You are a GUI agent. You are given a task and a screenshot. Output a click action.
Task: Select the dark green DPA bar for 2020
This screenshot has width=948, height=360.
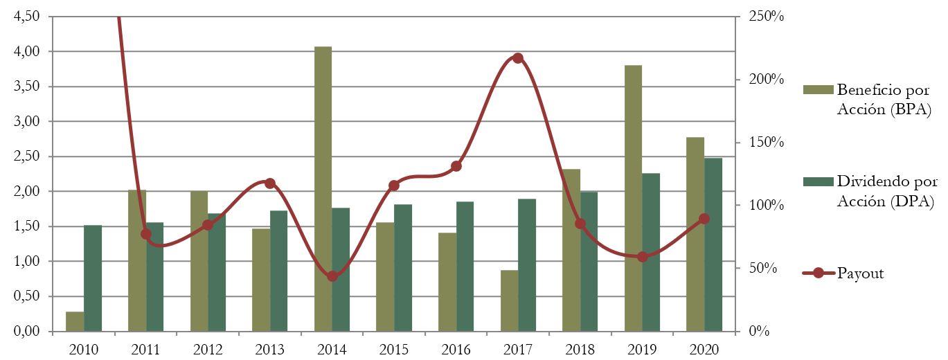pyautogui.click(x=713, y=245)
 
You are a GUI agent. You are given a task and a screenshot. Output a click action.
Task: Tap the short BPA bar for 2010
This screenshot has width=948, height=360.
pyautogui.click(x=75, y=321)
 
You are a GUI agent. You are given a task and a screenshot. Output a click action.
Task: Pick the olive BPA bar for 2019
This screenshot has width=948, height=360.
pyautogui.click(x=633, y=198)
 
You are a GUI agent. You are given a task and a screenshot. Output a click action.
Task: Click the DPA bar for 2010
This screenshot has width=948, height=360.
pyautogui.click(x=93, y=278)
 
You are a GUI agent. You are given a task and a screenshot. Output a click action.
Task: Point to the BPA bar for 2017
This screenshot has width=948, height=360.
pyautogui.click(x=509, y=300)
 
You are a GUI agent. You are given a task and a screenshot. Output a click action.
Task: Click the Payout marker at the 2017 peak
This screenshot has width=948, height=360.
pyautogui.click(x=518, y=58)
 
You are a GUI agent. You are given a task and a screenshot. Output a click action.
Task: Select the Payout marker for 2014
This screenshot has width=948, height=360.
pyautogui.click(x=332, y=276)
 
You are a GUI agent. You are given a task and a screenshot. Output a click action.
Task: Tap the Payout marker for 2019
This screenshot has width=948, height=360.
pyautogui.click(x=643, y=257)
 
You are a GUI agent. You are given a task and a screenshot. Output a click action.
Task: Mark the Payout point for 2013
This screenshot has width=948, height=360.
pyautogui.click(x=270, y=183)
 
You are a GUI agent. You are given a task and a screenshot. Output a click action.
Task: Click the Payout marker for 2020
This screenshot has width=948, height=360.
pyautogui.click(x=704, y=219)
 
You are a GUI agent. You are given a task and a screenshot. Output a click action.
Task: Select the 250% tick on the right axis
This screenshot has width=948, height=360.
pyautogui.click(x=766, y=17)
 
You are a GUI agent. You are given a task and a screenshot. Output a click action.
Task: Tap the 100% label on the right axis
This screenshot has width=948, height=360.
pyautogui.click(x=766, y=206)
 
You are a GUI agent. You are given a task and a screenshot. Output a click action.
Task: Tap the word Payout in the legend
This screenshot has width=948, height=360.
pyautogui.click(x=860, y=273)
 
